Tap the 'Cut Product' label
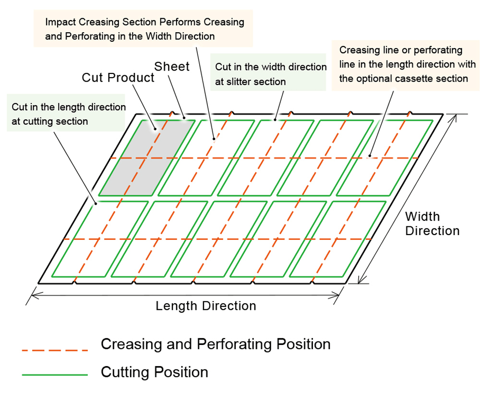[118, 78]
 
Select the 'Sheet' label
[172, 66]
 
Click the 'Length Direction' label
[205, 306]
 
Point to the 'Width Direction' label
[432, 224]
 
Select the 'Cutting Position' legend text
[154, 372]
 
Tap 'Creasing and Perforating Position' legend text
[216, 344]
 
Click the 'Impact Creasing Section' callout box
[144, 29]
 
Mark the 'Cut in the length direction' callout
[68, 114]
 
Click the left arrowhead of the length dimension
[34, 296]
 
